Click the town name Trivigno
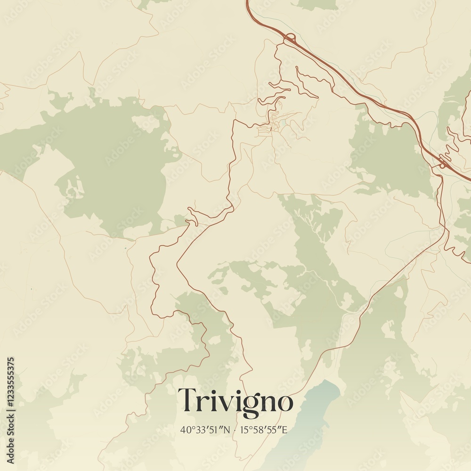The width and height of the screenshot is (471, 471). click(x=235, y=401)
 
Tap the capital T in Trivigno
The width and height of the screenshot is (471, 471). click(x=187, y=400)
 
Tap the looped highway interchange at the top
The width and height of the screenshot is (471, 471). click(x=289, y=37)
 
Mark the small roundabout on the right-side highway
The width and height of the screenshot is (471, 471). click(x=442, y=165)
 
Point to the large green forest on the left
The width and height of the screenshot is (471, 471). click(x=113, y=160)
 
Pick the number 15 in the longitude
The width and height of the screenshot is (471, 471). click(x=243, y=430)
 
